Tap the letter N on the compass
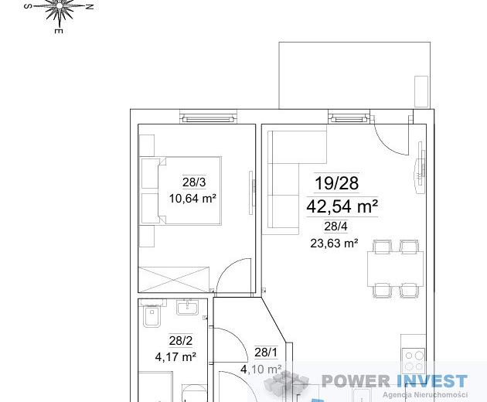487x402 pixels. (x=90, y=6)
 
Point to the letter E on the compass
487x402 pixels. (x=59, y=31)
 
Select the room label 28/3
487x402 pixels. (x=194, y=182)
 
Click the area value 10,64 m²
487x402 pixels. (x=192, y=198)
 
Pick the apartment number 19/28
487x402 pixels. (x=337, y=183)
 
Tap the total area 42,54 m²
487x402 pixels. (x=342, y=206)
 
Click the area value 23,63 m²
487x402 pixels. (x=334, y=243)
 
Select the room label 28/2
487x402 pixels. (x=181, y=341)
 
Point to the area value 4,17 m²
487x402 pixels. (x=175, y=357)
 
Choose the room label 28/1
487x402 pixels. (x=266, y=353)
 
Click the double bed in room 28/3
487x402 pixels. (x=181, y=190)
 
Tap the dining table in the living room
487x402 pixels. (x=395, y=269)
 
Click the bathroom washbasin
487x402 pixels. (x=187, y=307)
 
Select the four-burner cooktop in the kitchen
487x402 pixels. (x=414, y=361)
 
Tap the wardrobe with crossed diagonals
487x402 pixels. (x=174, y=279)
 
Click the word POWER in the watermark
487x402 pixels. (x=356, y=381)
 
